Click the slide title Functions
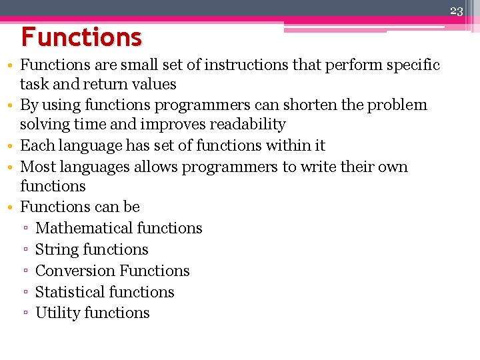click(x=81, y=37)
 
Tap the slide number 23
click(x=456, y=10)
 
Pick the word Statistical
click(x=69, y=293)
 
